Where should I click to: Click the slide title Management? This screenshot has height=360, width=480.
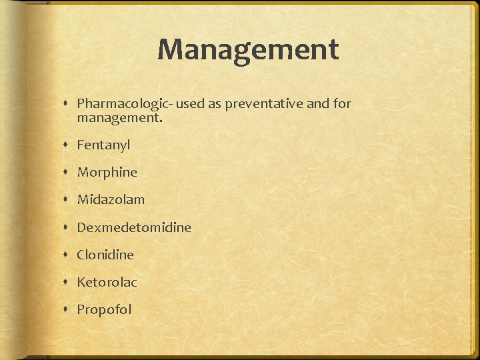click(x=248, y=50)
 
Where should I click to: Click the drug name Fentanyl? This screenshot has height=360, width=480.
click(x=103, y=145)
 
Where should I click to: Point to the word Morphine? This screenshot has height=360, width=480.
click(x=107, y=172)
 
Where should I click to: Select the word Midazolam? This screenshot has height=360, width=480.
click(x=111, y=199)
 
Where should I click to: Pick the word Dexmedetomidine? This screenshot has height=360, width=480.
click(x=134, y=227)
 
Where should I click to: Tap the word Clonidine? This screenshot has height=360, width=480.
click(x=105, y=255)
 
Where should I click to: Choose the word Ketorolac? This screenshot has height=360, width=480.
click(x=107, y=282)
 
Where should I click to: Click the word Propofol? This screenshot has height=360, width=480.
click(x=104, y=309)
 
